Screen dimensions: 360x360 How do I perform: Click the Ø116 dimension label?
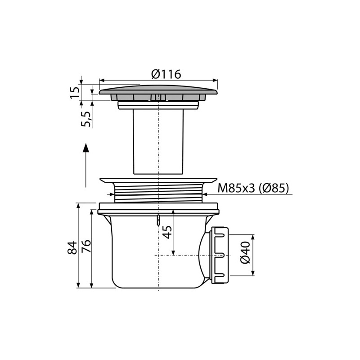pyautogui.click(x=166, y=74)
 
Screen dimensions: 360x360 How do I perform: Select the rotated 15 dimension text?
pyautogui.click(x=75, y=92)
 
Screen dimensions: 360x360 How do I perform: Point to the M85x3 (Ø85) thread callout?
pyautogui.click(x=253, y=189)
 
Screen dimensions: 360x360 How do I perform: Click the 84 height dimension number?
pyautogui.click(x=72, y=247)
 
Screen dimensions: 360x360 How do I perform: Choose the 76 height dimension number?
pyautogui.click(x=86, y=246)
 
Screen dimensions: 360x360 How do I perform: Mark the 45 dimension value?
pyautogui.click(x=166, y=232)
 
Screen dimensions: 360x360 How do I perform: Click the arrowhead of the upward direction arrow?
pyautogui.click(x=86, y=148)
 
